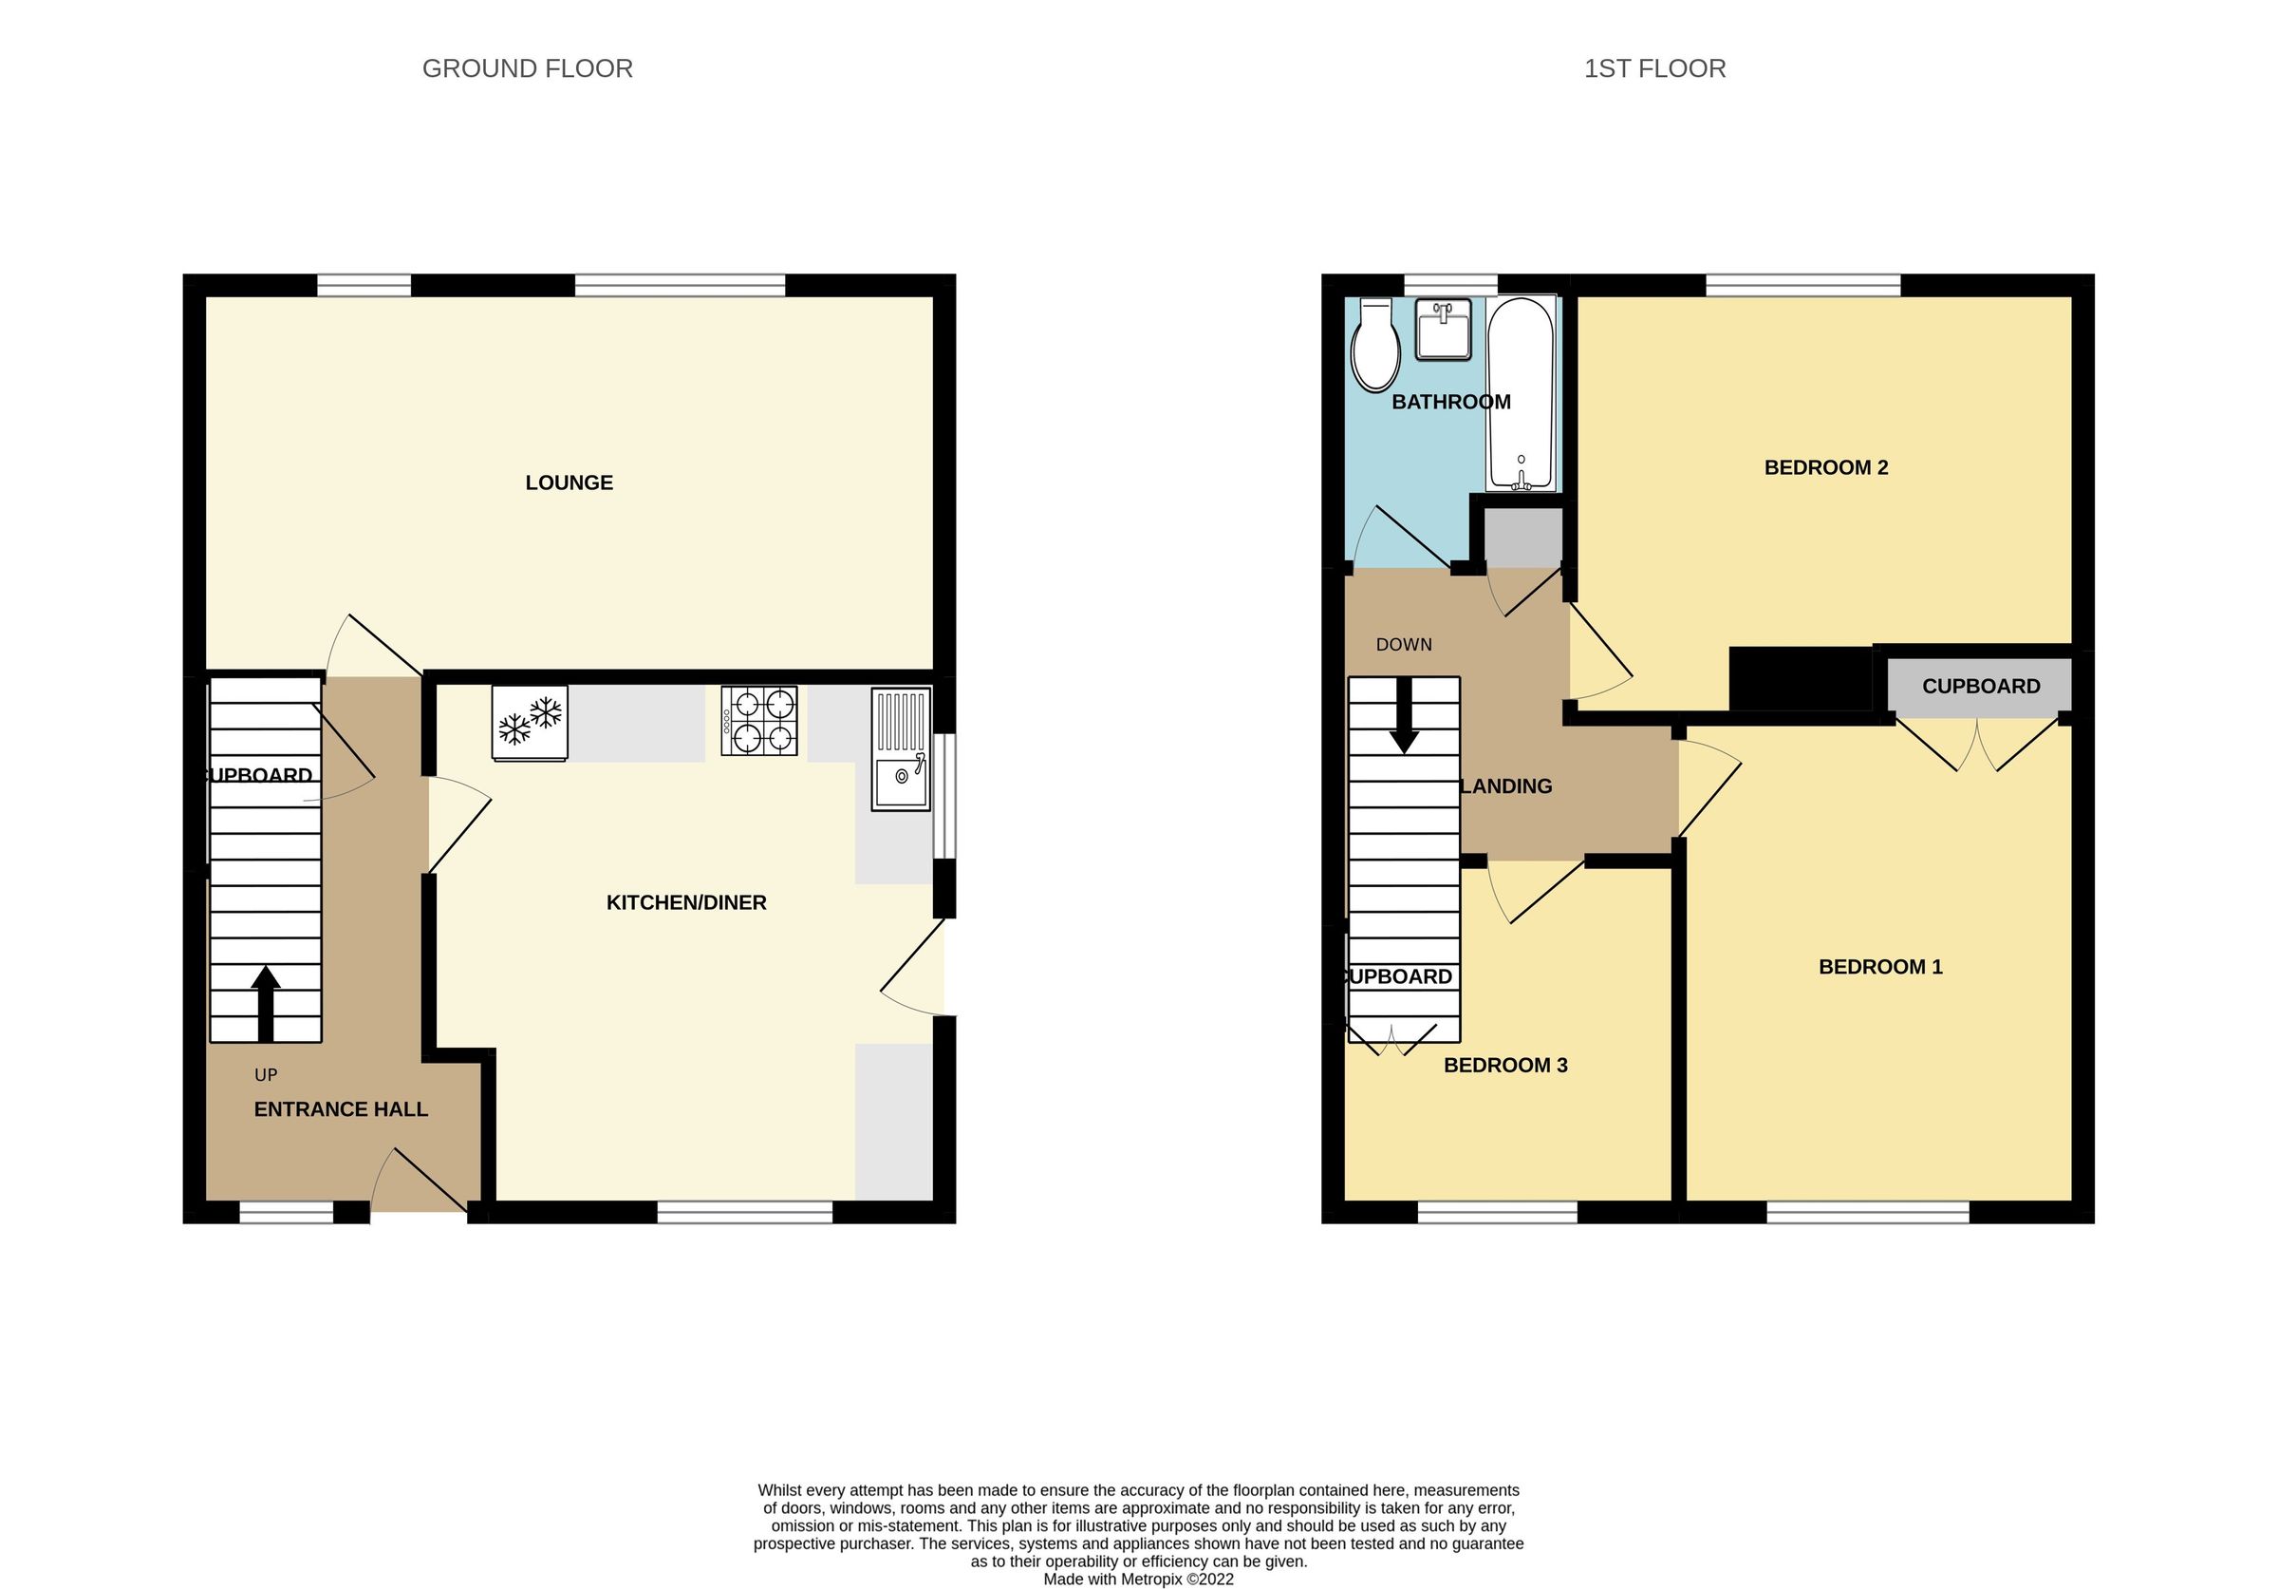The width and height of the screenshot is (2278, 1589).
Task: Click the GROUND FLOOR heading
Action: coord(527,68)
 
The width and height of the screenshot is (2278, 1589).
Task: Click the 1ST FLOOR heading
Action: coord(1654,68)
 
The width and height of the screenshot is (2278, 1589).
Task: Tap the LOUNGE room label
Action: coord(569,482)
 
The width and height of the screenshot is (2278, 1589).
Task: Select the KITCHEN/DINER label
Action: coord(685,902)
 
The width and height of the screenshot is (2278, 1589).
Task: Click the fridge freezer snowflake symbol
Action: coord(530,723)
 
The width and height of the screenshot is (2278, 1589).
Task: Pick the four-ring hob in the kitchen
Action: coord(759,722)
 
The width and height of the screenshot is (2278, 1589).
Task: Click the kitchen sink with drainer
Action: coord(901,749)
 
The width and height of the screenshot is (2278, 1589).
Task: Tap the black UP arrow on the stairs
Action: coord(265,1002)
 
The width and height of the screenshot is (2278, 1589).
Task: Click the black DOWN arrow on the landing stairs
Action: coord(1403,715)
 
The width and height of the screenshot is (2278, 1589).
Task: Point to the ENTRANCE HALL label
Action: coord(341,1109)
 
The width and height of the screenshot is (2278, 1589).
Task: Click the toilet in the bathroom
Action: coord(1375,345)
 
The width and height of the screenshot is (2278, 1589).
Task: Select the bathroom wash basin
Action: coord(1443,329)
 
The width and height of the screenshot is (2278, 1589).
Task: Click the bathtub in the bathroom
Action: coord(1520,393)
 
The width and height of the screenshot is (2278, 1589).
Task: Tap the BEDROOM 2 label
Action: coord(1825,467)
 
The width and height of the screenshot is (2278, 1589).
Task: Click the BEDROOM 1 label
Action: coord(1880,967)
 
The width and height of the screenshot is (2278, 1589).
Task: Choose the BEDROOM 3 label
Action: coord(1505,1065)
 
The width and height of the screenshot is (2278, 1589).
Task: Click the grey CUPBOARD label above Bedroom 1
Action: coord(1980,686)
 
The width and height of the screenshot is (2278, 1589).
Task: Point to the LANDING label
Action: coord(1506,786)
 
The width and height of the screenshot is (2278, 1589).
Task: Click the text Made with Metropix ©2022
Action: coord(1138,1580)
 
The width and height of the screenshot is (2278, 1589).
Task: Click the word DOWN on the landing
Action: coord(1403,644)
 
